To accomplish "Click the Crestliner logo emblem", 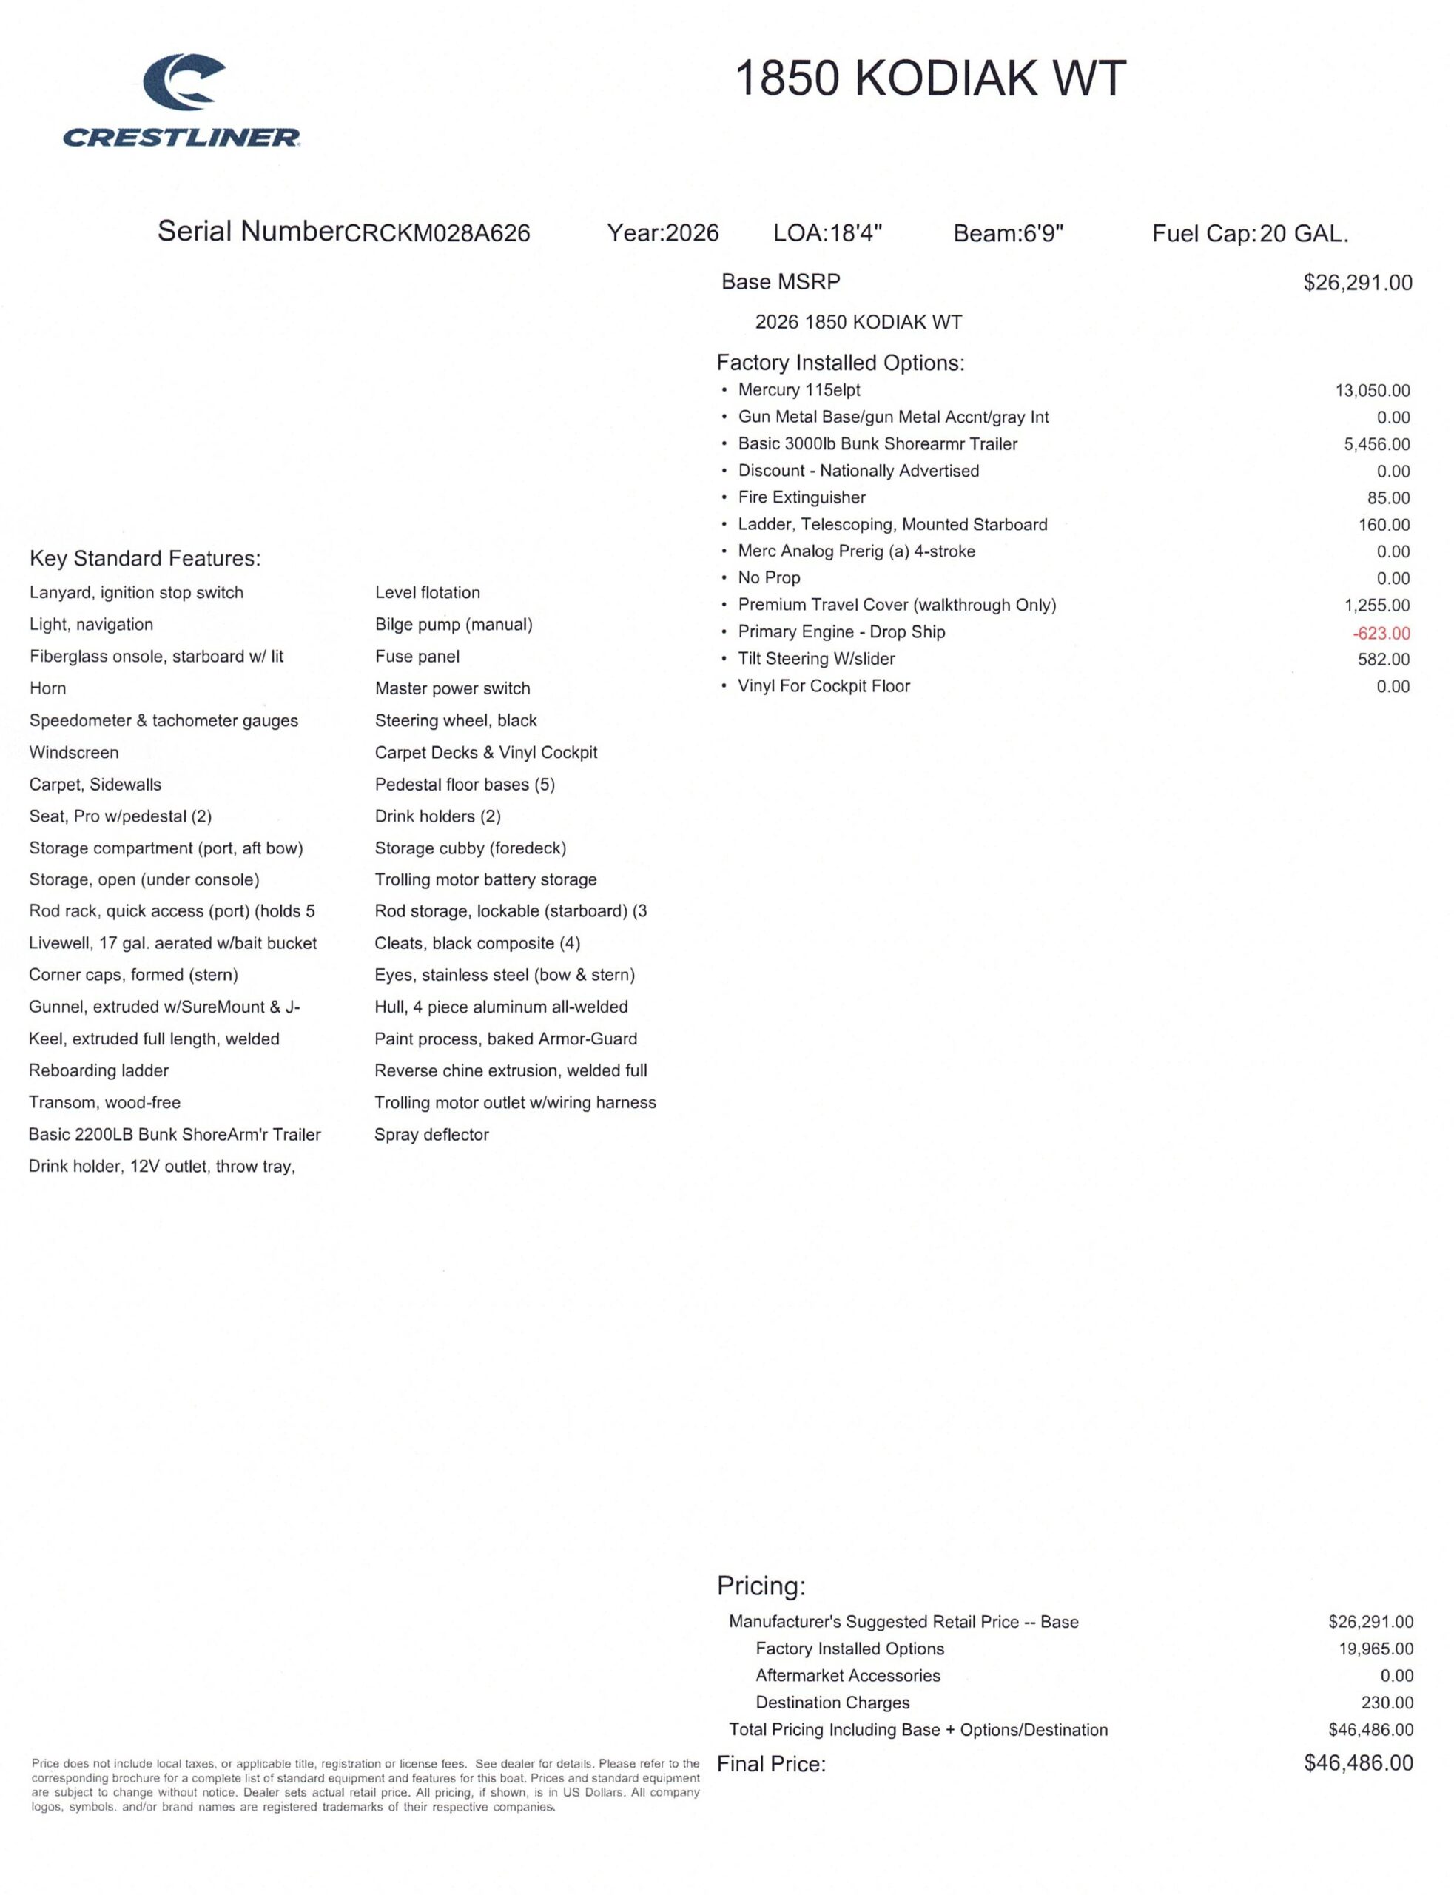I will pyautogui.click(x=184, y=82).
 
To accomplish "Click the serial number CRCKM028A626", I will pyautogui.click(x=437, y=233).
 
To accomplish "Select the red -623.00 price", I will pyautogui.click(x=1381, y=633).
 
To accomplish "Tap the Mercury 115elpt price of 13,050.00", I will pyautogui.click(x=1372, y=390).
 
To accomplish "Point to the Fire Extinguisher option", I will pyautogui.click(x=801, y=497).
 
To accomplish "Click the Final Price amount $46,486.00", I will pyautogui.click(x=1358, y=1762).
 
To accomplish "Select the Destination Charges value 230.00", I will pyautogui.click(x=1387, y=1702).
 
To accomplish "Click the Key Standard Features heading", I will pyautogui.click(x=144, y=558).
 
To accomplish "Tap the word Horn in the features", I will pyautogui.click(x=47, y=688).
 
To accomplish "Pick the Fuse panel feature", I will pyautogui.click(x=417, y=656).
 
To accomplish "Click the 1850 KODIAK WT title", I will pyautogui.click(x=930, y=78).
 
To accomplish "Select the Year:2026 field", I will pyautogui.click(x=663, y=233).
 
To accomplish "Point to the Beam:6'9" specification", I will pyautogui.click(x=1009, y=233).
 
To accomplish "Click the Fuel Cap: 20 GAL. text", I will pyautogui.click(x=1250, y=233).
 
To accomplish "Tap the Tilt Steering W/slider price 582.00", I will pyautogui.click(x=1383, y=659).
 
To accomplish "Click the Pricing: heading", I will pyautogui.click(x=761, y=1585).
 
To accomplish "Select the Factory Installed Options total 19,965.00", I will pyautogui.click(x=1376, y=1649).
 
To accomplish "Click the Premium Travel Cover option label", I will pyautogui.click(x=897, y=604).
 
